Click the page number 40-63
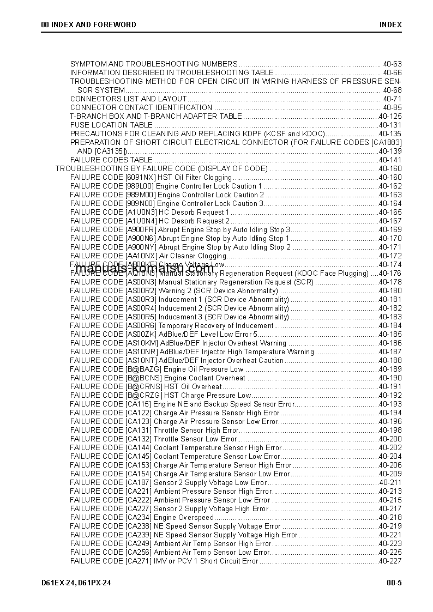pyautogui.click(x=392, y=64)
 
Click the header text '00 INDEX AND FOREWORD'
pyautogui.click(x=89, y=25)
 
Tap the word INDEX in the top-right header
pyautogui.click(x=391, y=25)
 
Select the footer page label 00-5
pyautogui.click(x=394, y=583)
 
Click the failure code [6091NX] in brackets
pyautogui.click(x=141, y=177)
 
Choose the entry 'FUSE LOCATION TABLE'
pyautogui.click(x=111, y=125)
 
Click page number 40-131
pyautogui.click(x=390, y=125)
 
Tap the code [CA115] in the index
pyautogui.click(x=139, y=404)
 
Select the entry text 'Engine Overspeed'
pyautogui.click(x=184, y=517)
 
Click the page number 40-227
pyautogui.click(x=390, y=561)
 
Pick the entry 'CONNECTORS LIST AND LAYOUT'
pyautogui.click(x=129, y=99)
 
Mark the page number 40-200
pyautogui.click(x=390, y=439)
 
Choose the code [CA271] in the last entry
pyautogui.click(x=139, y=561)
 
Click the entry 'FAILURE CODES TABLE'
pyautogui.click(x=111, y=160)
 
